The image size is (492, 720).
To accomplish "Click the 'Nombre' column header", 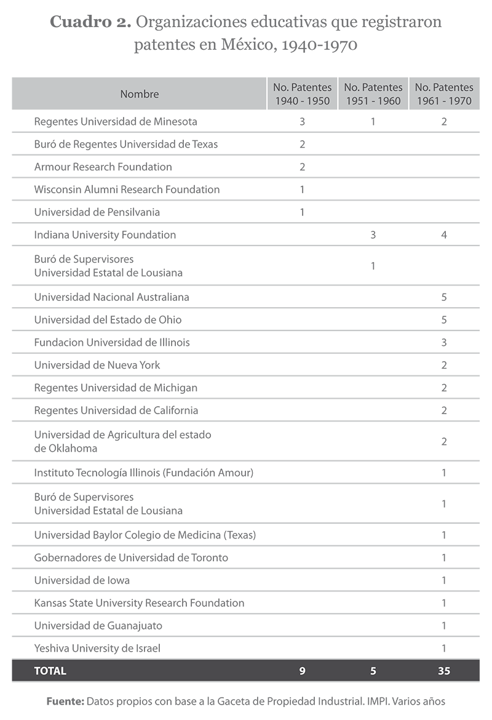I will coord(140,94).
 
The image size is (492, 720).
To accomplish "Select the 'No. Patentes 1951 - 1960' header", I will coord(373,94).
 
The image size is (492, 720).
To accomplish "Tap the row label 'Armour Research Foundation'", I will coord(103,167).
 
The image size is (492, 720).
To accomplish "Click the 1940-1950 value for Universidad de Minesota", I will coord(302,121).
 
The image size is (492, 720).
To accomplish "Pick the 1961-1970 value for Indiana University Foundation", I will coord(444,234).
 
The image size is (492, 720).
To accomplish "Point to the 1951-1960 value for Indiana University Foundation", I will coord(373,234).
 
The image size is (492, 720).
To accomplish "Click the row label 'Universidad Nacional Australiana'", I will coord(111,297).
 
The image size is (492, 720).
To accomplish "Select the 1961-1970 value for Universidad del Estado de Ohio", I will coord(444,320).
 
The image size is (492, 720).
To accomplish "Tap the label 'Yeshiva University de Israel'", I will coord(97,648).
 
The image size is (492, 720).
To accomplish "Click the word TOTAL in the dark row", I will coord(50,671).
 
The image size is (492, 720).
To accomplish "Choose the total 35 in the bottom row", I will coord(444,671).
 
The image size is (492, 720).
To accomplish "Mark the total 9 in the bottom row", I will coord(302,671).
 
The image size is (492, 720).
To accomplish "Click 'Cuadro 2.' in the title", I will coord(90,23).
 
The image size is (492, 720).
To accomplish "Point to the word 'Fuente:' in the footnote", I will coord(65,701).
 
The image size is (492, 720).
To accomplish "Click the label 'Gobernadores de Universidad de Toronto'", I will coord(131,558).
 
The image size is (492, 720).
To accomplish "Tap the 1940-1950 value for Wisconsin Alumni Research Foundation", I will coord(302,190).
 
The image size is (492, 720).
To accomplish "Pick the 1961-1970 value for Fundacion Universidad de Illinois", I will coord(444,342).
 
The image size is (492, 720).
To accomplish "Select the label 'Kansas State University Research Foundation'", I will coord(139,603).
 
